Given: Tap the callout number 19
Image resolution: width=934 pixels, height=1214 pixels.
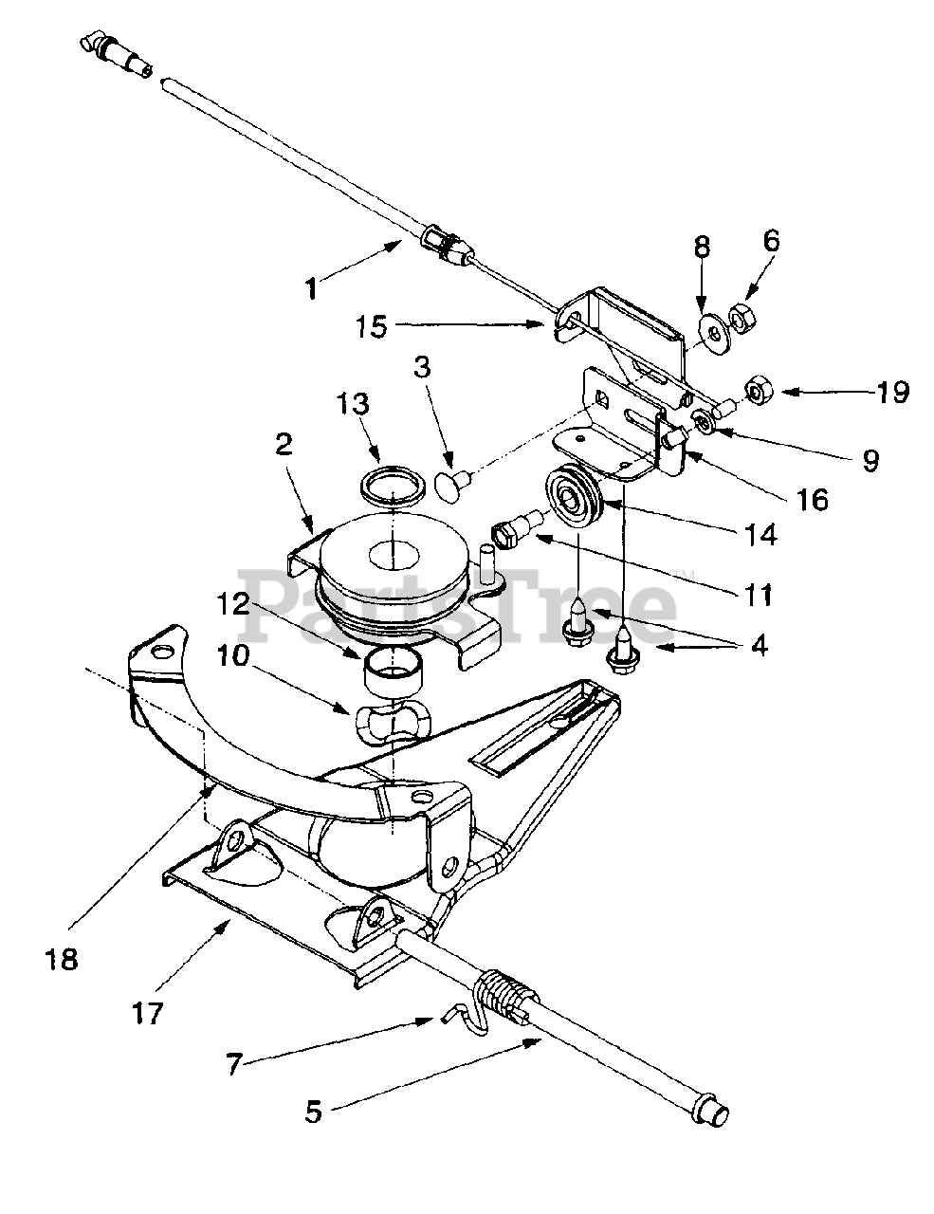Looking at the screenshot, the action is click(x=892, y=392).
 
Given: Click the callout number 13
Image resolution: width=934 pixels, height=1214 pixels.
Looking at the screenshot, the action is click(x=353, y=404).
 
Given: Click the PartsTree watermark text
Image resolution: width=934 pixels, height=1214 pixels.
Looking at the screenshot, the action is click(x=458, y=607).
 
